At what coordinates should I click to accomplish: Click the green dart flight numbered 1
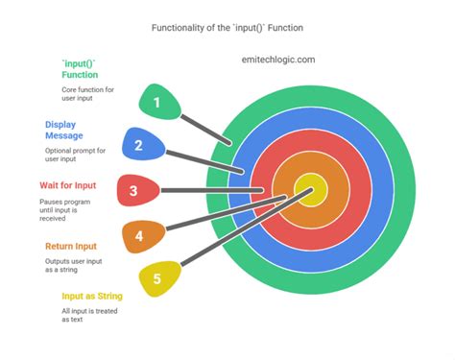[158, 103]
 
